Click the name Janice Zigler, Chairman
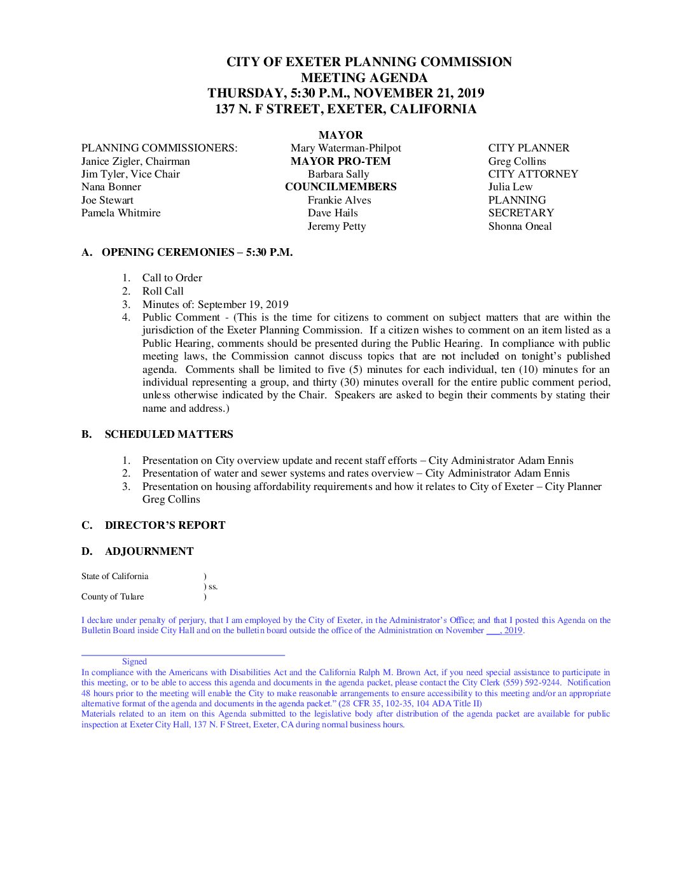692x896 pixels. (135, 161)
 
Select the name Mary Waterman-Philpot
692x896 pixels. (345, 148)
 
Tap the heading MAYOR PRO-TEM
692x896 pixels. (340, 161)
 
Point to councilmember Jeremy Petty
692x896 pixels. (336, 226)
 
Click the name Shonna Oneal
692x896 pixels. (520, 226)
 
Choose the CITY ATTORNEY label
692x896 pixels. (533, 174)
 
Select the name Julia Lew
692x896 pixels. (510, 186)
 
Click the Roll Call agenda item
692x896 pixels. (163, 291)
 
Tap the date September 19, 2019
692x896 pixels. (243, 304)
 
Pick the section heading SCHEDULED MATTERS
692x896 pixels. (169, 434)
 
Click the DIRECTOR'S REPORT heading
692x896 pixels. (165, 525)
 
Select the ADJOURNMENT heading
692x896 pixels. (149, 551)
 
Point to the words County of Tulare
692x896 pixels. (113, 596)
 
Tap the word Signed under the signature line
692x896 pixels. (134, 661)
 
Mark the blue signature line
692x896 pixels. (183, 654)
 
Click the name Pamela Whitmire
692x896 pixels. (121, 213)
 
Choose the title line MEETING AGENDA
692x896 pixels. (364, 78)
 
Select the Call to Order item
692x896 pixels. (172, 277)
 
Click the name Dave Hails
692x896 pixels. (333, 213)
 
